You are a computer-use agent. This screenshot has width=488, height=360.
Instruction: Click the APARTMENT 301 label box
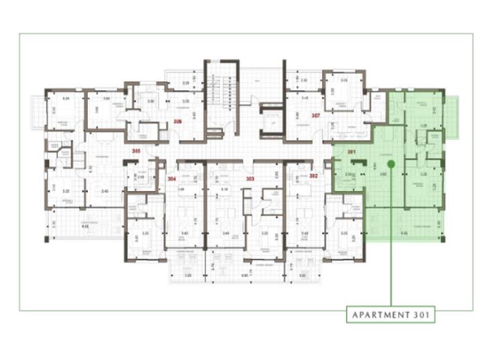pos(391,315)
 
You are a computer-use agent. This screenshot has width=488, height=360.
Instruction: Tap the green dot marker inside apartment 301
pos(391,164)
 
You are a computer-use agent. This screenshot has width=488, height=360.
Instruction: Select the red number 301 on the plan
pos(351,152)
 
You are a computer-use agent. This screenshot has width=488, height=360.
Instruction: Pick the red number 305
pos(136,150)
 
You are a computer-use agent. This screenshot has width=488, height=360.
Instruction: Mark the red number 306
pos(177,122)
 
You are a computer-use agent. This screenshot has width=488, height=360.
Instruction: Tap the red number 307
pos(315,115)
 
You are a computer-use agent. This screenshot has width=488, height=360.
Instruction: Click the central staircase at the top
pos(221,93)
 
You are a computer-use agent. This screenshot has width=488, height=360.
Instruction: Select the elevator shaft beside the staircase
pos(272,122)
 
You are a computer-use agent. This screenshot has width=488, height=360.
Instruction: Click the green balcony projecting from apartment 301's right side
pos(451,116)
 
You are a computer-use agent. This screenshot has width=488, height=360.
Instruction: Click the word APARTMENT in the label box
pos(379,315)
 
